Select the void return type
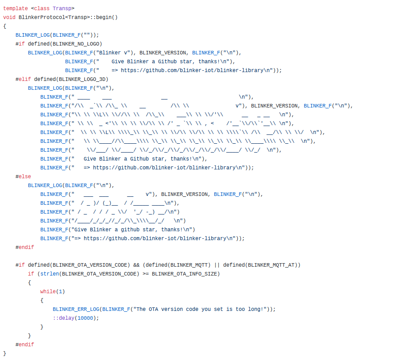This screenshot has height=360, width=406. [x=9, y=17]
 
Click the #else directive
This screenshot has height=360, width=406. [x=23, y=176]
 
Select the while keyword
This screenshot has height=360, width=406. [x=48, y=291]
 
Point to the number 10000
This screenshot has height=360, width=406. [x=85, y=318]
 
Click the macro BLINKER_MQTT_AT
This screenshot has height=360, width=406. [x=273, y=265]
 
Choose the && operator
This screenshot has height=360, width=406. [x=136, y=265]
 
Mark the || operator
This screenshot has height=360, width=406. [x=217, y=265]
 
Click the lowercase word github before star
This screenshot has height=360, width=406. [x=120, y=230]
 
